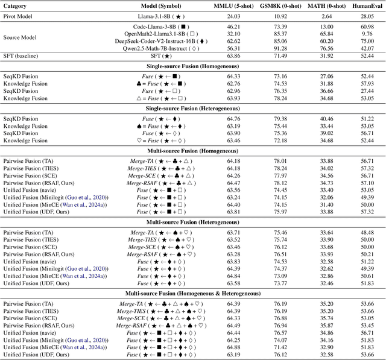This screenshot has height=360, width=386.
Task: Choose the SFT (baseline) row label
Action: (x=22, y=55)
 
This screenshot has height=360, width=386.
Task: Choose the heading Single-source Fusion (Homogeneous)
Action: (x=192, y=66)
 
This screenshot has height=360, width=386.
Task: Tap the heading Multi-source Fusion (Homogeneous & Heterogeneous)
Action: (x=192, y=294)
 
